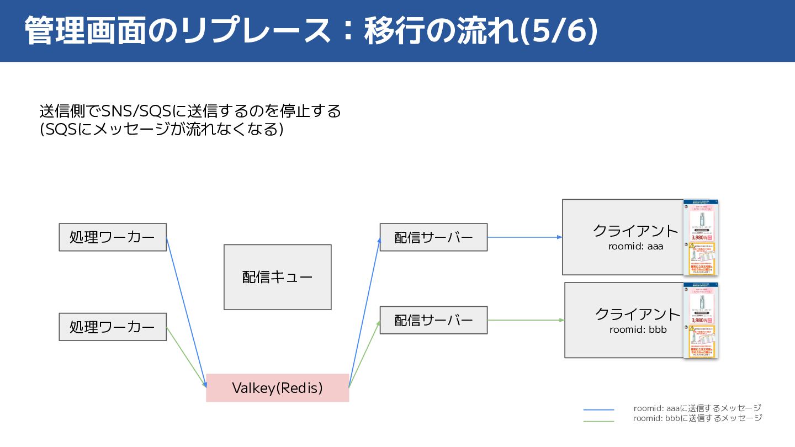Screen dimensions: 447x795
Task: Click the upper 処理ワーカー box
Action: point(113,237)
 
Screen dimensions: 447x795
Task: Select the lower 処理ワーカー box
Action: point(113,327)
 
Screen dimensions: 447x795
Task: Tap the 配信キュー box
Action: point(277,277)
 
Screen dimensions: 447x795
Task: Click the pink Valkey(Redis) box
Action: point(277,388)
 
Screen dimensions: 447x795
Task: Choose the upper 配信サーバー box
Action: point(433,237)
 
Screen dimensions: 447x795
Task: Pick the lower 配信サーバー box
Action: point(433,320)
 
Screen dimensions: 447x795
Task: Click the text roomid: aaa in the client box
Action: point(635,246)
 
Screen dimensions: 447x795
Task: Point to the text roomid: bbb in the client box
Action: point(638,329)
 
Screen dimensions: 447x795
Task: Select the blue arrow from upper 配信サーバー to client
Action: point(524,237)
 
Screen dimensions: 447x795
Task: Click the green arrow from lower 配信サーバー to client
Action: point(526,320)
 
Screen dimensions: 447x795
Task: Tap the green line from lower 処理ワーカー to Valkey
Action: point(186,355)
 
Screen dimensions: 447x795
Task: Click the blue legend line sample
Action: point(598,409)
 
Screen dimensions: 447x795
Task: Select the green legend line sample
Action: point(598,422)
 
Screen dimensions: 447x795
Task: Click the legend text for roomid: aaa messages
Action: point(697,408)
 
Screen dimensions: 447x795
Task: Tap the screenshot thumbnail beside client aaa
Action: point(700,237)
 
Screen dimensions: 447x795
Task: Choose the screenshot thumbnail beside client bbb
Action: point(700,321)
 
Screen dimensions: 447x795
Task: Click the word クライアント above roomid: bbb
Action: point(638,314)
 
